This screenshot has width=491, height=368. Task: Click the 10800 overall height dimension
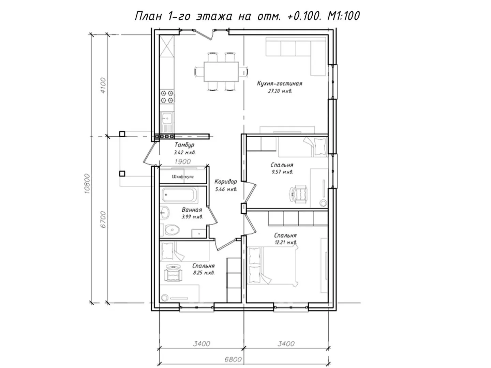point(88,184)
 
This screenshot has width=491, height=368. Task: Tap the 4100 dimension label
point(103,85)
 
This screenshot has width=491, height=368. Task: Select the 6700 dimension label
point(103,219)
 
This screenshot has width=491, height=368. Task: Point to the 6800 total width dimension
point(233,359)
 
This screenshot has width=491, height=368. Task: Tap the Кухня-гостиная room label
point(280,83)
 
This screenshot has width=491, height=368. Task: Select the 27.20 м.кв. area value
point(280,91)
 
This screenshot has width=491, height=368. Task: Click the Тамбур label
point(184,145)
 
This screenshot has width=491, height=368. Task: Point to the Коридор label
point(225,181)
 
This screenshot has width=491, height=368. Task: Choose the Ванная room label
point(192,210)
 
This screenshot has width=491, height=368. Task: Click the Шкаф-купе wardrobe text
point(183,177)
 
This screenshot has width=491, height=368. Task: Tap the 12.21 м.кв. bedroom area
point(285,242)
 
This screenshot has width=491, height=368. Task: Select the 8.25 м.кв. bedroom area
point(203,273)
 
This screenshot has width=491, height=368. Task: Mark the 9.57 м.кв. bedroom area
point(282,172)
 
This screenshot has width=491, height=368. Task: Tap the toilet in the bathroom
point(172,230)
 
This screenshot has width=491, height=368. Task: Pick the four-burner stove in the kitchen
point(167,96)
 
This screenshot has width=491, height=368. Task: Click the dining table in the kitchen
point(221,72)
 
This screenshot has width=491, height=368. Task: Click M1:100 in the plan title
point(343,16)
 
